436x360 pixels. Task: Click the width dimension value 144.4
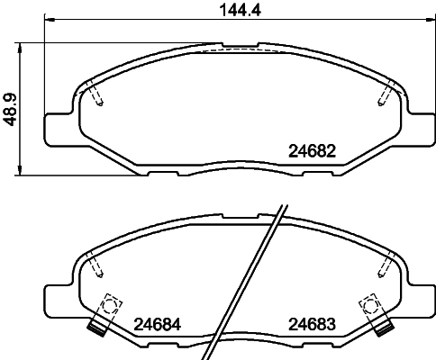tap(224, 10)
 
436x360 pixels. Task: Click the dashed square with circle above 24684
tap(110, 306)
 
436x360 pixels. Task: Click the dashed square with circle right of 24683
tap(368, 306)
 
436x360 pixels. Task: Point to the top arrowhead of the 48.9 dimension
tap(21, 45)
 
